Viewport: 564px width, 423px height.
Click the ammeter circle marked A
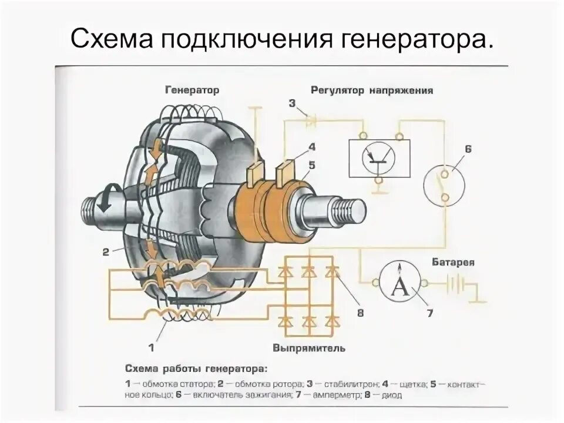coord(399,283)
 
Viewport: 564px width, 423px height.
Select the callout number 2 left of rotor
coord(106,252)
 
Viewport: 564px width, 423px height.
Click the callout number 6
coord(468,149)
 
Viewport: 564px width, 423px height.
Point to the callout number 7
coord(429,314)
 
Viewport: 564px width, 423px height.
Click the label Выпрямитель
coord(308,348)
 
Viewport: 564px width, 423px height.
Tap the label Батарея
coord(453,262)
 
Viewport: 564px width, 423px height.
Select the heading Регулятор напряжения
coord(372,91)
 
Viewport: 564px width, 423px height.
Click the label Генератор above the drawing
coord(192,90)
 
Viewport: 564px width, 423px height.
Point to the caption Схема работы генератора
coord(196,369)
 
